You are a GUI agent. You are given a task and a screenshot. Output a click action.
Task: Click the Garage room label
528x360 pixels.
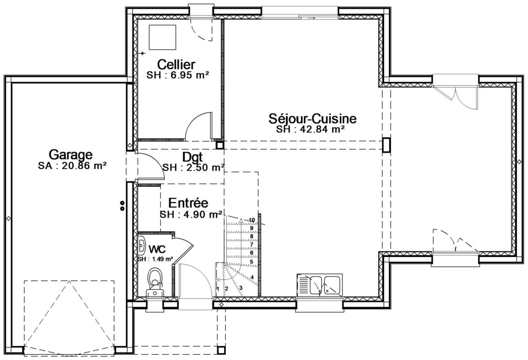(x=71, y=155)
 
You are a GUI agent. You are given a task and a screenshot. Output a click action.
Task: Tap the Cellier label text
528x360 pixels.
(x=176, y=64)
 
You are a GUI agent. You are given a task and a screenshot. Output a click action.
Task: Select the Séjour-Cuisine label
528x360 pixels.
(x=312, y=119)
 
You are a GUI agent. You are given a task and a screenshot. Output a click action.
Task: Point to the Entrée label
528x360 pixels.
(x=188, y=203)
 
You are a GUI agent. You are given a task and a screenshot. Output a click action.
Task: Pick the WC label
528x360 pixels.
(x=157, y=249)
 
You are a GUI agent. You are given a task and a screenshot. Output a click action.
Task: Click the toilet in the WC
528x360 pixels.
(x=155, y=283)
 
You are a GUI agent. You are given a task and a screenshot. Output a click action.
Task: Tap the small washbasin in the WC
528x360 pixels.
(x=142, y=245)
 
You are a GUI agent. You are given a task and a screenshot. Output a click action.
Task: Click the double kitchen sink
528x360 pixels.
(x=320, y=286)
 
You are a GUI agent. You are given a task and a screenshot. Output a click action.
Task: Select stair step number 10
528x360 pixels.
(x=252, y=220)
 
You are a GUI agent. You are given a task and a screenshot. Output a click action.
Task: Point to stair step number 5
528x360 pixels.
(x=251, y=261)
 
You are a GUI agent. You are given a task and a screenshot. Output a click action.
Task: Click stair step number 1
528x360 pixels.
(x=218, y=289)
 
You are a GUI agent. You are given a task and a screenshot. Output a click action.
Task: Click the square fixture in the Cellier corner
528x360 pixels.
(x=162, y=37)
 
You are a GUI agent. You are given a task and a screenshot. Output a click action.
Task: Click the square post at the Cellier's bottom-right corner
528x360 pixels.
(x=220, y=145)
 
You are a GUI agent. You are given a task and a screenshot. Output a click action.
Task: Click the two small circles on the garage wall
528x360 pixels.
(x=123, y=206)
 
